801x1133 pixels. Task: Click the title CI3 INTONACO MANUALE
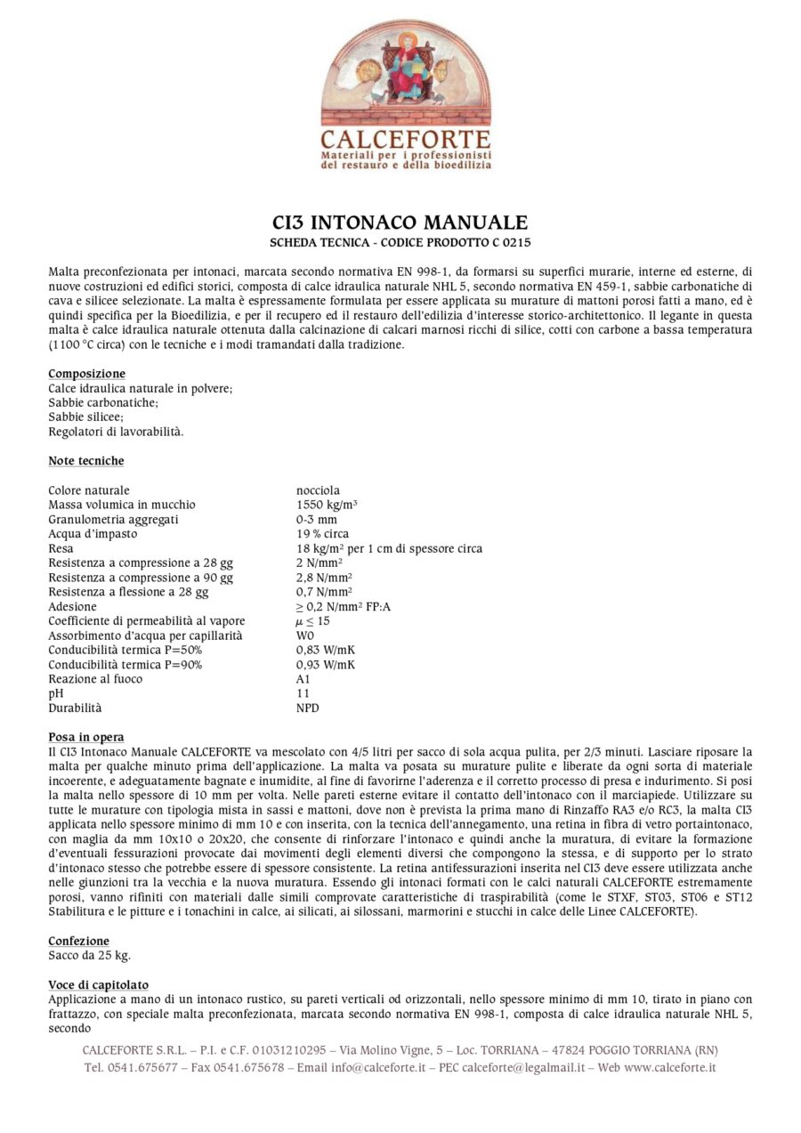[x=400, y=222]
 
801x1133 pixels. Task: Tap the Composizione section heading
[x=86, y=374]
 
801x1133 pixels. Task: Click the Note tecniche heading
[x=85, y=461]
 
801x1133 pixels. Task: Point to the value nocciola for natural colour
[x=318, y=490]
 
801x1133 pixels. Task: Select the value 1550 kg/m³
[x=327, y=505]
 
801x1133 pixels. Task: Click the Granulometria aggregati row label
[x=113, y=519]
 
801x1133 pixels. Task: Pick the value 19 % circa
[x=322, y=534]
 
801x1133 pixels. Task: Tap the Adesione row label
[x=72, y=607]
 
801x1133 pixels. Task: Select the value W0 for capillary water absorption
[x=305, y=635]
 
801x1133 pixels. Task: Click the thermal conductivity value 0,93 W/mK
[x=326, y=665]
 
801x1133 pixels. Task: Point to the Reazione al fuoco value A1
[x=303, y=679]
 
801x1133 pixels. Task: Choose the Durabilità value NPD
[x=307, y=708]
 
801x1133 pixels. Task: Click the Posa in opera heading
[x=85, y=737]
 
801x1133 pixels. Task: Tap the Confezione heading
[x=78, y=941]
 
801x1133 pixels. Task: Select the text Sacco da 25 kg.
[x=89, y=956]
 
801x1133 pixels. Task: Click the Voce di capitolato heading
[x=98, y=985]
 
